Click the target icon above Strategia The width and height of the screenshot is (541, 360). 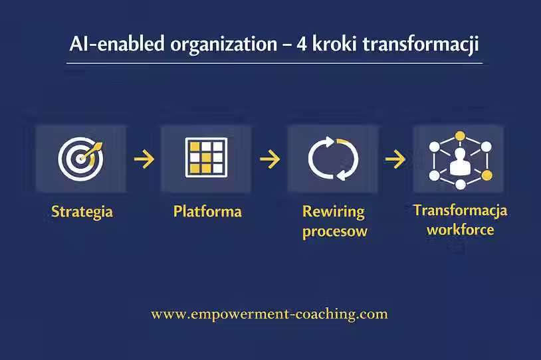click(80, 159)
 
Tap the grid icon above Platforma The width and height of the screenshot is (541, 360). click(206, 159)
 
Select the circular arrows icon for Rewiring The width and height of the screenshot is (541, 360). click(333, 159)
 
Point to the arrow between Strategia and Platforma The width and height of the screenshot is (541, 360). click(144, 159)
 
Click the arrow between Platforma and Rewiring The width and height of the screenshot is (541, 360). click(269, 159)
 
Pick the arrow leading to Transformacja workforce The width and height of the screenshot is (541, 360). click(395, 159)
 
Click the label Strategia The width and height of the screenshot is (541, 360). click(82, 213)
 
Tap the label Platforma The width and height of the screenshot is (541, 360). click(207, 213)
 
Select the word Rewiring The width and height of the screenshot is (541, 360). click(334, 212)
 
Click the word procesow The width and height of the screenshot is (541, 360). click(334, 232)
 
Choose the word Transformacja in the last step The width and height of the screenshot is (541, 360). click(460, 211)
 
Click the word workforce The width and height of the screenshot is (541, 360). click(460, 230)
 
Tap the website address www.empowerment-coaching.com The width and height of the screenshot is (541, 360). click(269, 314)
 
